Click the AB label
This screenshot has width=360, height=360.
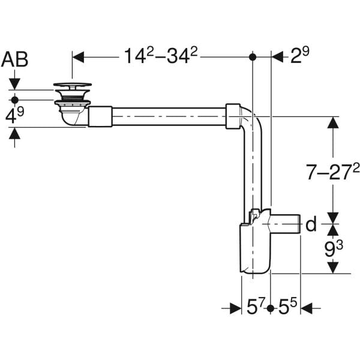[15, 58]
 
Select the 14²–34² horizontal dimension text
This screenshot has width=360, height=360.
[161, 56]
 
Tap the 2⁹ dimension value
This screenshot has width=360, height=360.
[300, 56]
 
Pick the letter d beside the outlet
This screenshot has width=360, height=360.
[311, 225]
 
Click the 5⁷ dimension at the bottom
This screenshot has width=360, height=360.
[256, 308]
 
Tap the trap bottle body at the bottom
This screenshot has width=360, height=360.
[254, 249]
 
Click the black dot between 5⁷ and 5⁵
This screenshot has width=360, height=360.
[271, 308]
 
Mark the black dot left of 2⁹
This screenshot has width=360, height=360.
[253, 57]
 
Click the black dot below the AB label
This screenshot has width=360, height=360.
[15, 98]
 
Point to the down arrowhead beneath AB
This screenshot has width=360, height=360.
[15, 83]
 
